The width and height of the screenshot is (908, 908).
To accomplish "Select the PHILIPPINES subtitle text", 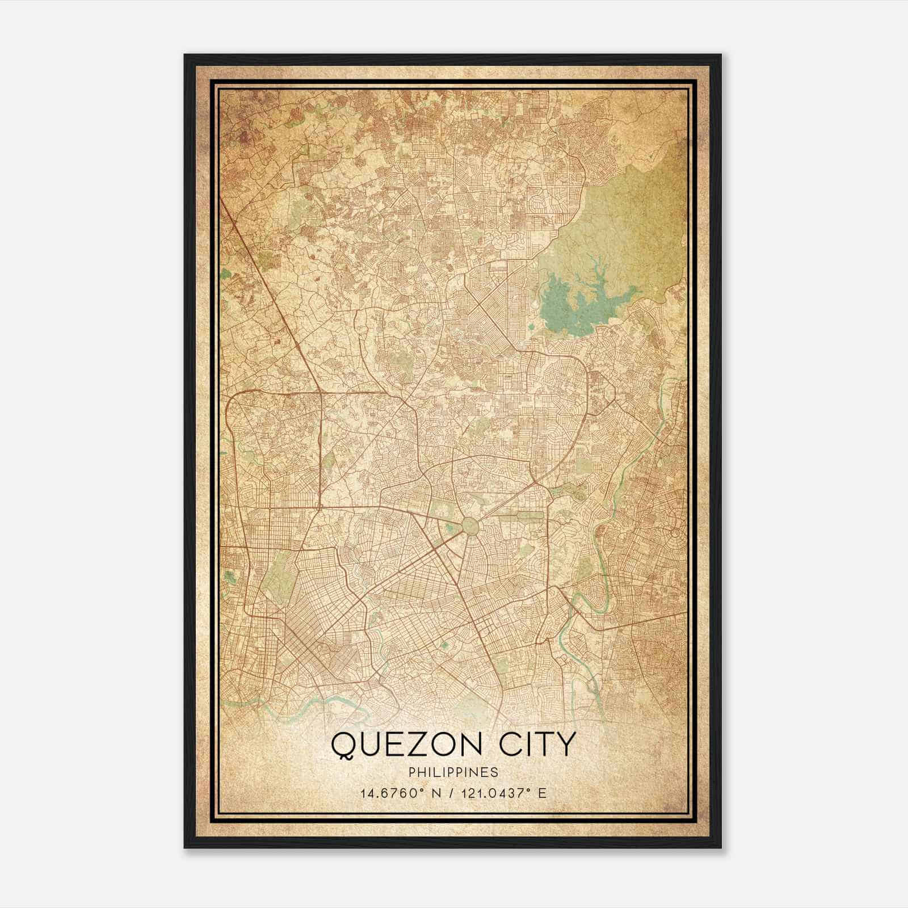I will (453, 772).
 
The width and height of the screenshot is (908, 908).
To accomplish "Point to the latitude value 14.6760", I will (384, 793).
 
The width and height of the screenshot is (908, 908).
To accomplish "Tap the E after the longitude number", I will (543, 793).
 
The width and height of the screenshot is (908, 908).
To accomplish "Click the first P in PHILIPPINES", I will (411, 772).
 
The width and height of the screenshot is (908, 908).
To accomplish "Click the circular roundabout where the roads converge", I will (470, 524).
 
